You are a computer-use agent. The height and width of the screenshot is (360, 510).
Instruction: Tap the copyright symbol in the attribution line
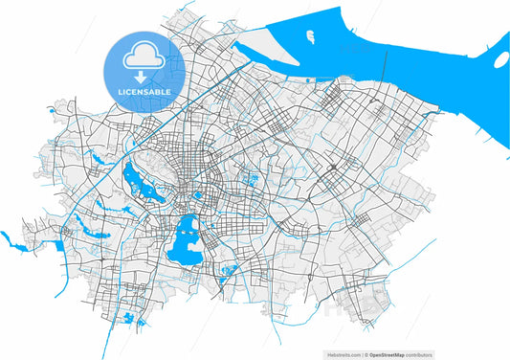click(x=404, y=354)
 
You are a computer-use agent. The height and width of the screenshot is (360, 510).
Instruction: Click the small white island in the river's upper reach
click(x=311, y=37)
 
